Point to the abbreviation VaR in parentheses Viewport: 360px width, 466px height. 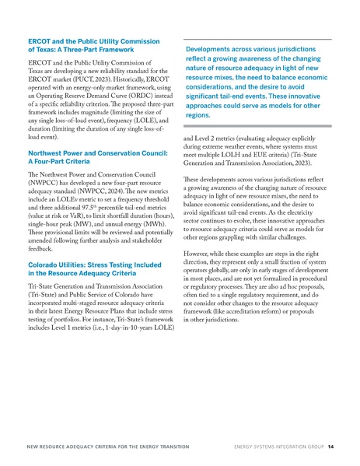click(86, 259)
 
